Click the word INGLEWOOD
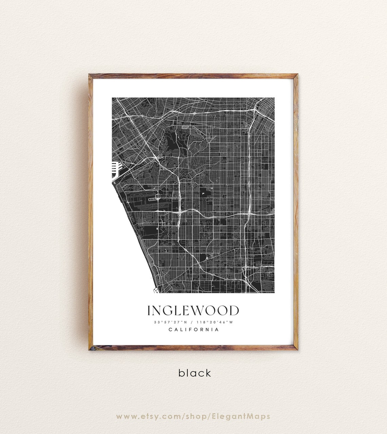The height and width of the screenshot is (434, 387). (x=193, y=310)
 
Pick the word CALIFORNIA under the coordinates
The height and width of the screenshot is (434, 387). (x=193, y=329)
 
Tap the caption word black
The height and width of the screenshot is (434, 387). (x=195, y=373)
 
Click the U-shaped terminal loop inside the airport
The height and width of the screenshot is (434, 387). (x=157, y=196)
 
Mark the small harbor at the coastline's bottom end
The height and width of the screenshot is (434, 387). (x=156, y=290)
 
